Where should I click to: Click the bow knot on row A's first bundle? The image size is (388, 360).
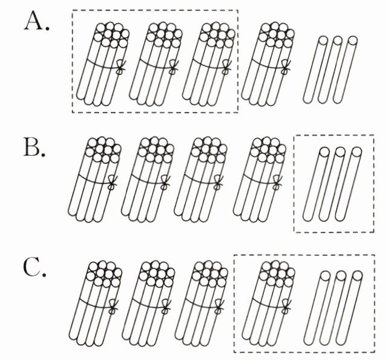(120, 68)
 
